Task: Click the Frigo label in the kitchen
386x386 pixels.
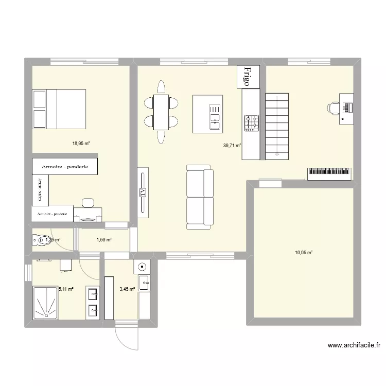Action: (x=248, y=77)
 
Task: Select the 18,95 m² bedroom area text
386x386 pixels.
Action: (x=81, y=144)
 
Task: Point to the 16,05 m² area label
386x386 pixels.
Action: (x=304, y=252)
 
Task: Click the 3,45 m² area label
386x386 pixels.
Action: (x=126, y=289)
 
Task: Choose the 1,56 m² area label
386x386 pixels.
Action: (x=104, y=240)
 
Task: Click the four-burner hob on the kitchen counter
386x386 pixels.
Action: (x=252, y=122)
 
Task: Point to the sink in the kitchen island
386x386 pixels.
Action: (x=214, y=116)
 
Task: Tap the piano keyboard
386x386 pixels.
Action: (x=330, y=173)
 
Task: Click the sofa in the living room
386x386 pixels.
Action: (x=199, y=197)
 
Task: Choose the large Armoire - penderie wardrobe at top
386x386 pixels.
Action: (x=66, y=166)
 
